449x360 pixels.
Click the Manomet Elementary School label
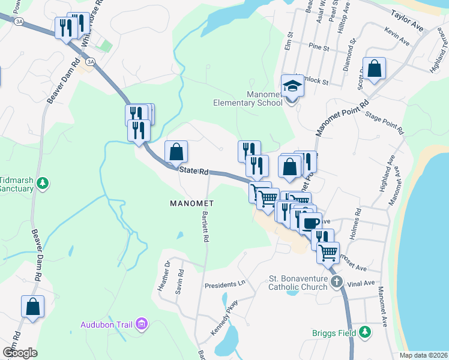[248, 98]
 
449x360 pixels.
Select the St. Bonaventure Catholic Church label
[298, 283]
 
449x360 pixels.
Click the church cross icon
[337, 281]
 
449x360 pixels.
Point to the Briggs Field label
[334, 332]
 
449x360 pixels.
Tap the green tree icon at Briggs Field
[364, 332]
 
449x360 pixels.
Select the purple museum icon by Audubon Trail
[142, 325]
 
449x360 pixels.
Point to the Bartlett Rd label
[205, 227]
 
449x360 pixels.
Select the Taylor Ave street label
[408, 20]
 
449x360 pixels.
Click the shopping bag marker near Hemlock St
[374, 69]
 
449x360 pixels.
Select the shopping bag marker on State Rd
[176, 152]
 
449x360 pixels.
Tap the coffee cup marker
[310, 223]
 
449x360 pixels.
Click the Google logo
[19, 352]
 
